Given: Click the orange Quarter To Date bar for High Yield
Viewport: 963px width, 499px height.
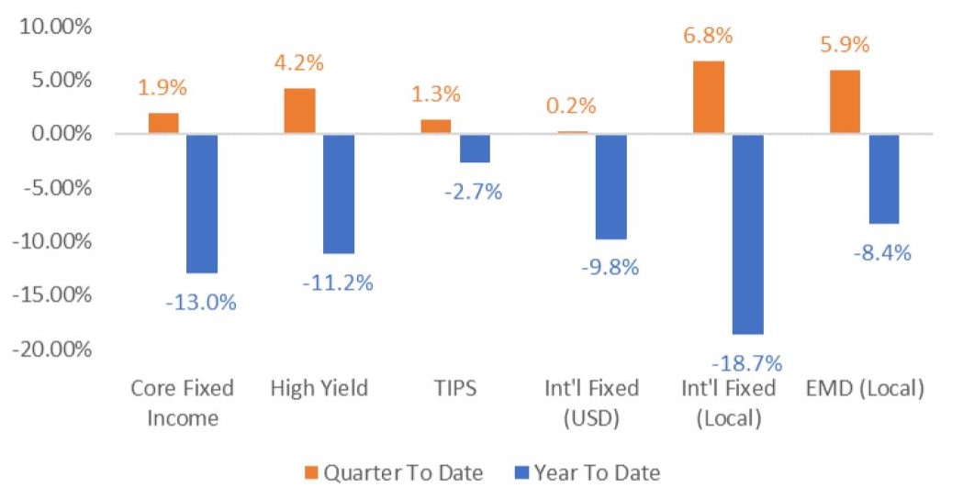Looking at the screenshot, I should tap(299, 111).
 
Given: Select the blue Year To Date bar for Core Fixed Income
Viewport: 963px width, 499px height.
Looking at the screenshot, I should tap(202, 204).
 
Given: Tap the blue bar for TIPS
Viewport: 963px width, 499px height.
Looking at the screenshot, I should tap(475, 149).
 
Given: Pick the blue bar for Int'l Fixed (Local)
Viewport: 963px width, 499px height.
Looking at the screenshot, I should tap(747, 234).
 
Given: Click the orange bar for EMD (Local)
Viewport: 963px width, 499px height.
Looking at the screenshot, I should tap(845, 102).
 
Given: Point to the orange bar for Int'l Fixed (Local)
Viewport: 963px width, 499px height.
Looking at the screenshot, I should tap(709, 97).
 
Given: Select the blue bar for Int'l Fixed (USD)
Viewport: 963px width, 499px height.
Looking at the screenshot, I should tap(610, 187).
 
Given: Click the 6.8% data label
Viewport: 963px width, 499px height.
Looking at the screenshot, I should tap(709, 37).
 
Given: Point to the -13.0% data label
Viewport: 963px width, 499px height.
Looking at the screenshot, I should tap(201, 302).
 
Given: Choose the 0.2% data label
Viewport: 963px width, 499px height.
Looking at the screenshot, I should tap(572, 105).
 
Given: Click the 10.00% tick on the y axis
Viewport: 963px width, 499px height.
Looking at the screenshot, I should tap(57, 27).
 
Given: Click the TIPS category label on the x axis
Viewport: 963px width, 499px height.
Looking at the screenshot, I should tap(454, 388).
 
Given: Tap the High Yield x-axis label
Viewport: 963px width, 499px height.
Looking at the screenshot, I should tap(319, 388).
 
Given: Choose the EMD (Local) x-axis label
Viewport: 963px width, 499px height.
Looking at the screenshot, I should tap(864, 388).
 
